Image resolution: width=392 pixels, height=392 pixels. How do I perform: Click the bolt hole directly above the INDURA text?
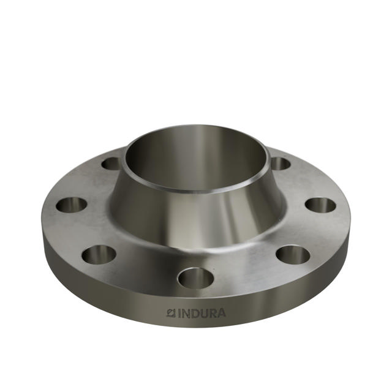195,278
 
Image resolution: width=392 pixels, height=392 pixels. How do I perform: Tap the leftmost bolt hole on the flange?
71,205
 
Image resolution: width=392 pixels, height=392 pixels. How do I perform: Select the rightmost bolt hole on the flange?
320,205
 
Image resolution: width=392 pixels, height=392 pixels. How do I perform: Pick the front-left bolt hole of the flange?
99,254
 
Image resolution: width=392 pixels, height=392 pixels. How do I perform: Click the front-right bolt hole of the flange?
292,254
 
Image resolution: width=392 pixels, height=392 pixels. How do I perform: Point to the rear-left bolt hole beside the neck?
111,164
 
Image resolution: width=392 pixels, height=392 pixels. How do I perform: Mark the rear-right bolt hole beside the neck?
280,164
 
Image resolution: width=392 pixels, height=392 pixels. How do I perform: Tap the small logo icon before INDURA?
171,313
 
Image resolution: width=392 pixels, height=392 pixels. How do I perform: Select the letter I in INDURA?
179,313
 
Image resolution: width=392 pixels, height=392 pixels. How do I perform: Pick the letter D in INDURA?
195,313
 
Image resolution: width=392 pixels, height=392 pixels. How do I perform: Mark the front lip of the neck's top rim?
196,192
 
